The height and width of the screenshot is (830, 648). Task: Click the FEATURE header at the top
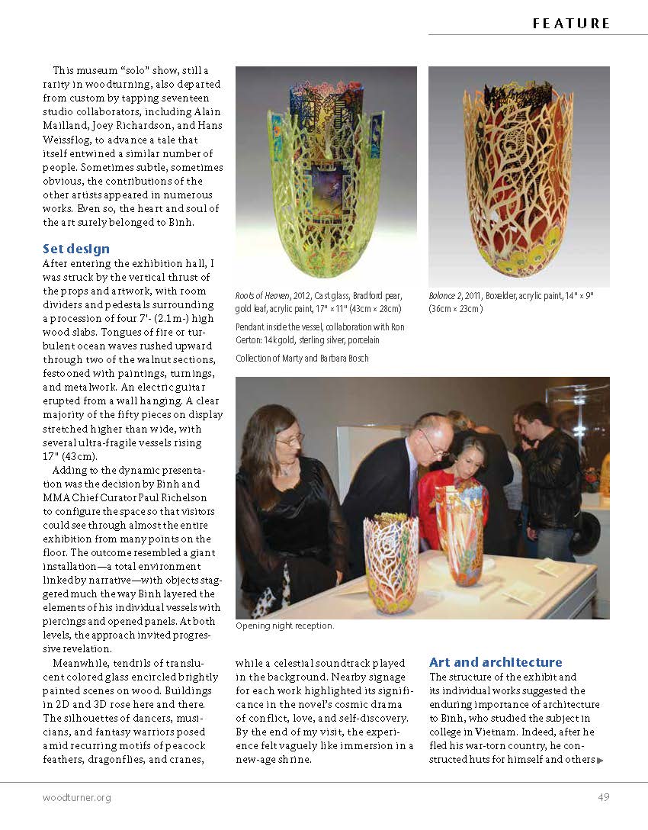click(x=571, y=24)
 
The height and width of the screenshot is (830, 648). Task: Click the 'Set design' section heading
click(x=76, y=249)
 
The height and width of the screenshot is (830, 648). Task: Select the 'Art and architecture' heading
click(x=496, y=662)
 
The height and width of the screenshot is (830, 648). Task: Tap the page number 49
click(x=603, y=798)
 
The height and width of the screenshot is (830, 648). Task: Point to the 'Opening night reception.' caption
click(x=284, y=626)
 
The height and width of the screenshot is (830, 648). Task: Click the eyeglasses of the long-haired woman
click(x=290, y=440)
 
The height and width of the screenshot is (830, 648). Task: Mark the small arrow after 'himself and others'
click(x=600, y=760)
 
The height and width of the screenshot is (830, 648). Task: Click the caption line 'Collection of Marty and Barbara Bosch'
click(x=302, y=358)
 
